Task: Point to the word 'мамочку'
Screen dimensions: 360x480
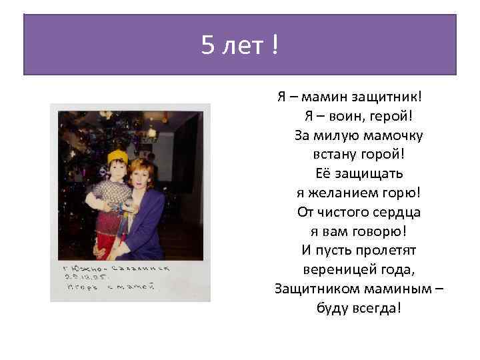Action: point(392,135)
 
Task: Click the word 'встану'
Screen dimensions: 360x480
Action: point(333,155)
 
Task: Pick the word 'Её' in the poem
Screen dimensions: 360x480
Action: point(323,174)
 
